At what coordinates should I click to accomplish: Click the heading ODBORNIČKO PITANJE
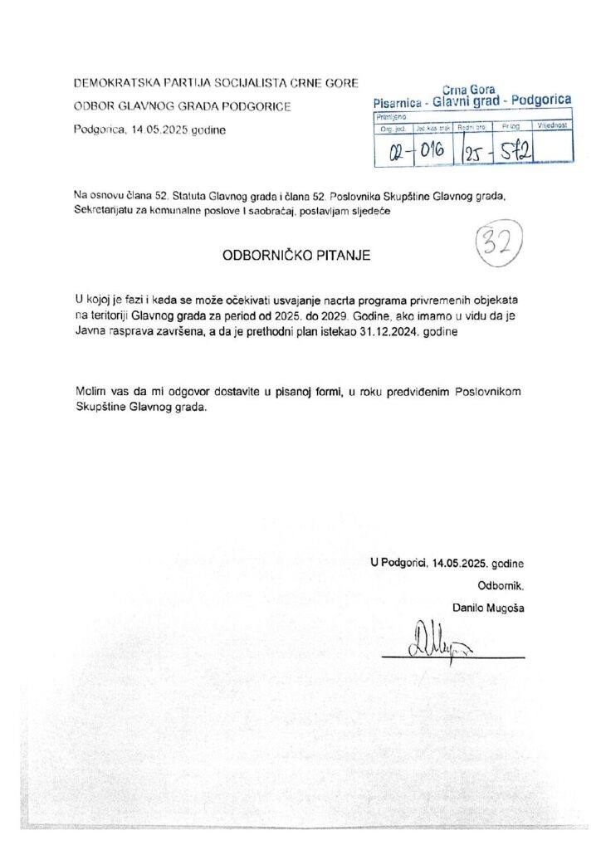pos(296,256)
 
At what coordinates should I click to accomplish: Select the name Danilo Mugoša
pos(488,608)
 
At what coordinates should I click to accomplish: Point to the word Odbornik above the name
pos(501,585)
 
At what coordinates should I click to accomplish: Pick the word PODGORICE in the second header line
pos(256,107)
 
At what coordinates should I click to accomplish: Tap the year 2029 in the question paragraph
pos(358,314)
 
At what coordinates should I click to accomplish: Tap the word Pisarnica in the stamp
pos(402,102)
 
